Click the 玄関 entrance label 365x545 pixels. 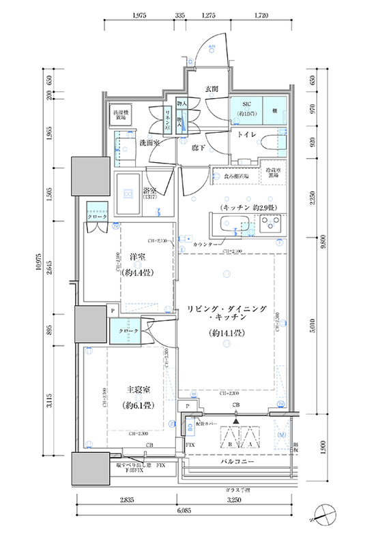[x=211, y=89]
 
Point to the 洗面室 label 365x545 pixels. [x=149, y=144]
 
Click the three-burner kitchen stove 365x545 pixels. [x=272, y=223]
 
